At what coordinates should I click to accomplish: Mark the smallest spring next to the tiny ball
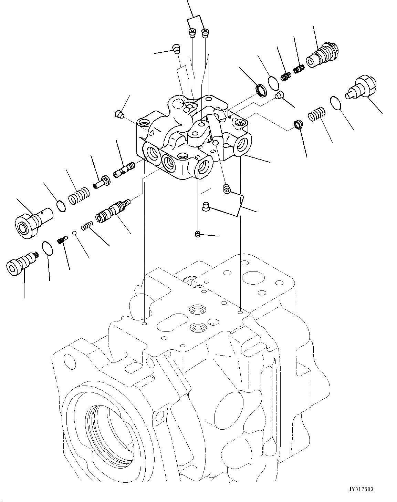87,226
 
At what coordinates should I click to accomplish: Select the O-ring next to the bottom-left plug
47,249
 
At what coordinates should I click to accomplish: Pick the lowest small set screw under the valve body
197,235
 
